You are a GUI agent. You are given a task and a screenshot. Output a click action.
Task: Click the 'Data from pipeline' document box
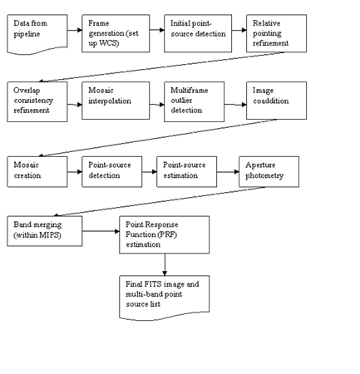point(37,34)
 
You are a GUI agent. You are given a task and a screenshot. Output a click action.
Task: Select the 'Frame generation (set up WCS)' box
point(116,33)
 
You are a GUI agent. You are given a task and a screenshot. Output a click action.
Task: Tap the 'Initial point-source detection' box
point(198,33)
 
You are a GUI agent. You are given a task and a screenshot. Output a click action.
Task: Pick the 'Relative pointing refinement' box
point(276,33)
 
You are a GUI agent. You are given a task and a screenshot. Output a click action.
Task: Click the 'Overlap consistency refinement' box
point(37,101)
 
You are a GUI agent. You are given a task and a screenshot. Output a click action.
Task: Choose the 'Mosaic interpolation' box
point(116,101)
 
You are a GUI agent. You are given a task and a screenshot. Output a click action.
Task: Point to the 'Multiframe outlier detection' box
point(194,101)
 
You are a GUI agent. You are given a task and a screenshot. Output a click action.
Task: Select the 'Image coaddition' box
point(276,101)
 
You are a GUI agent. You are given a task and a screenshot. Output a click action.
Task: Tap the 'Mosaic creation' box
point(37,172)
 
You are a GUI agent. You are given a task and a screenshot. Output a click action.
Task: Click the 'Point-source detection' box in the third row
point(112,172)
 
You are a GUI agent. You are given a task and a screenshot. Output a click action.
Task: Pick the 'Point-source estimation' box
point(187,172)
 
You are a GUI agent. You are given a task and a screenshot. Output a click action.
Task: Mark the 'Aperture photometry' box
point(269,172)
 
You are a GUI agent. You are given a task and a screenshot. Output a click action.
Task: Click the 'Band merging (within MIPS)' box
point(45,231)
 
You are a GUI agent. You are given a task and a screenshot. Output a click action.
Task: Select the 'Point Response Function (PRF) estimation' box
point(165,235)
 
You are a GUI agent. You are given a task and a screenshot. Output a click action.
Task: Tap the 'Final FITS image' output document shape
point(165,298)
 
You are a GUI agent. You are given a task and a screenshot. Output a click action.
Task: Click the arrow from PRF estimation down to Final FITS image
point(165,264)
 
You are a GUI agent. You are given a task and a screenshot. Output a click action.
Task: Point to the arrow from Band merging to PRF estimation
point(101,231)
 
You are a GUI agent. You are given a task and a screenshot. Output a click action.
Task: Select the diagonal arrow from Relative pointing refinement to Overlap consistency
point(161,66)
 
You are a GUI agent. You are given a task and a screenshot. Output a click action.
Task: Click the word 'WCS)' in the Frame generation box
point(109,43)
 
